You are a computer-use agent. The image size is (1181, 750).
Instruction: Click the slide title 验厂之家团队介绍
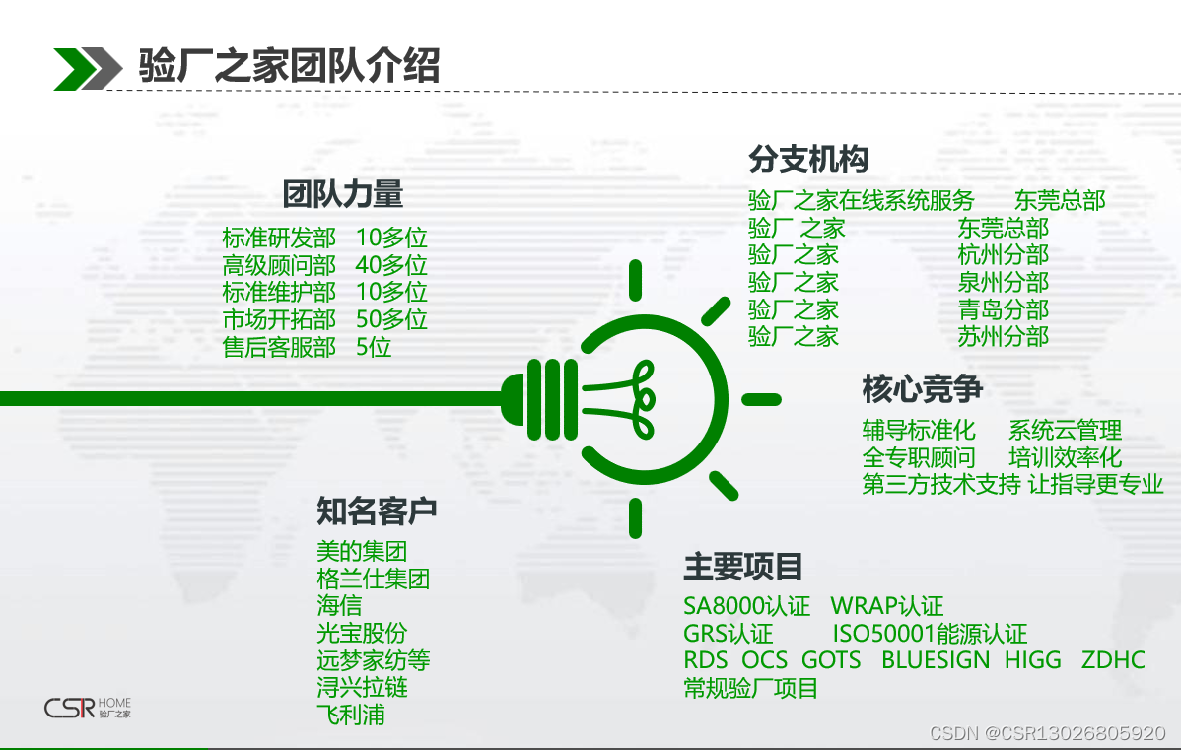tap(289, 65)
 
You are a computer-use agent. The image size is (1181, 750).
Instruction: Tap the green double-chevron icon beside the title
tap(88, 69)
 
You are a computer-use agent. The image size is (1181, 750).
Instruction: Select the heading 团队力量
tap(343, 194)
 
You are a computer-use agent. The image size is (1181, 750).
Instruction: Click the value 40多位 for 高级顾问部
tap(391, 265)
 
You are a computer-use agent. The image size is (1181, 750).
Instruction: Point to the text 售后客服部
tap(279, 347)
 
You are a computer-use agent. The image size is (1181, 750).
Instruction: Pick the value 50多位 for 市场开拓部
tap(391, 319)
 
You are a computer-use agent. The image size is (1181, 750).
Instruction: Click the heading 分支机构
tap(809, 160)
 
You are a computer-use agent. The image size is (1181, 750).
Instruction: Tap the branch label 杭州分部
tap(1004, 254)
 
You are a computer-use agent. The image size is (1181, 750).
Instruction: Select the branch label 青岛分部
tap(1004, 309)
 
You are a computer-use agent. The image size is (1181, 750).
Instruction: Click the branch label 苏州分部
tap(1004, 337)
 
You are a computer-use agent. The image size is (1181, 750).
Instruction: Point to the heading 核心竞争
tap(923, 389)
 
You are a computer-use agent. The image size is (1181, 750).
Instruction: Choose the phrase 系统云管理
tap(1065, 431)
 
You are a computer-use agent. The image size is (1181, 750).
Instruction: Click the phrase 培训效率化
tap(1065, 458)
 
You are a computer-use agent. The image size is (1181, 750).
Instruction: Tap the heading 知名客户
tap(377, 511)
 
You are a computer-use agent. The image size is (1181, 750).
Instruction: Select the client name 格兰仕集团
tap(374, 580)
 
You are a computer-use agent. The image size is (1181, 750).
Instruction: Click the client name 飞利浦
tap(351, 715)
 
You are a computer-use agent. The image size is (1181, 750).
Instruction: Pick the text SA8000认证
tap(746, 606)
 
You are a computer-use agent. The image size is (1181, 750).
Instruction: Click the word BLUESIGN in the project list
tap(936, 660)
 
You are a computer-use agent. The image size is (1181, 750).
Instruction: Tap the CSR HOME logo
tap(88, 708)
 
